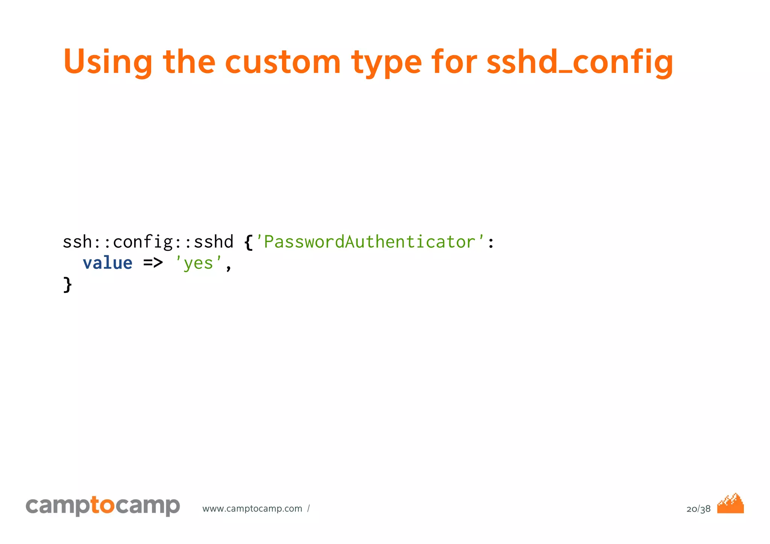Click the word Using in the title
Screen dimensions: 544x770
pyautogui.click(x=108, y=62)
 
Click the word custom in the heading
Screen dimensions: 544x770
pyautogui.click(x=283, y=62)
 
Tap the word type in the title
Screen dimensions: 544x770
pyautogui.click(x=387, y=62)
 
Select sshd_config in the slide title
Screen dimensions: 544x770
pyautogui.click(x=580, y=62)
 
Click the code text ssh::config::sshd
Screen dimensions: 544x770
pyautogui.click(x=148, y=242)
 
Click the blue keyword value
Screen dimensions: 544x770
pyautogui.click(x=108, y=263)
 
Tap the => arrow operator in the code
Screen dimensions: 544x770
pyautogui.click(x=153, y=263)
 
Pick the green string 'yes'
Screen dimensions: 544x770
pyautogui.click(x=199, y=263)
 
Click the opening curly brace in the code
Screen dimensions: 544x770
pyautogui.click(x=248, y=242)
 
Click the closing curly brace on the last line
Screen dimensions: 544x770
pyautogui.click(x=67, y=284)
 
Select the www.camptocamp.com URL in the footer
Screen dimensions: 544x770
pyautogui.click(x=252, y=509)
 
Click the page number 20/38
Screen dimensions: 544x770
pyautogui.click(x=698, y=509)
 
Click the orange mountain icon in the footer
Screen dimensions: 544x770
pyautogui.click(x=731, y=504)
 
